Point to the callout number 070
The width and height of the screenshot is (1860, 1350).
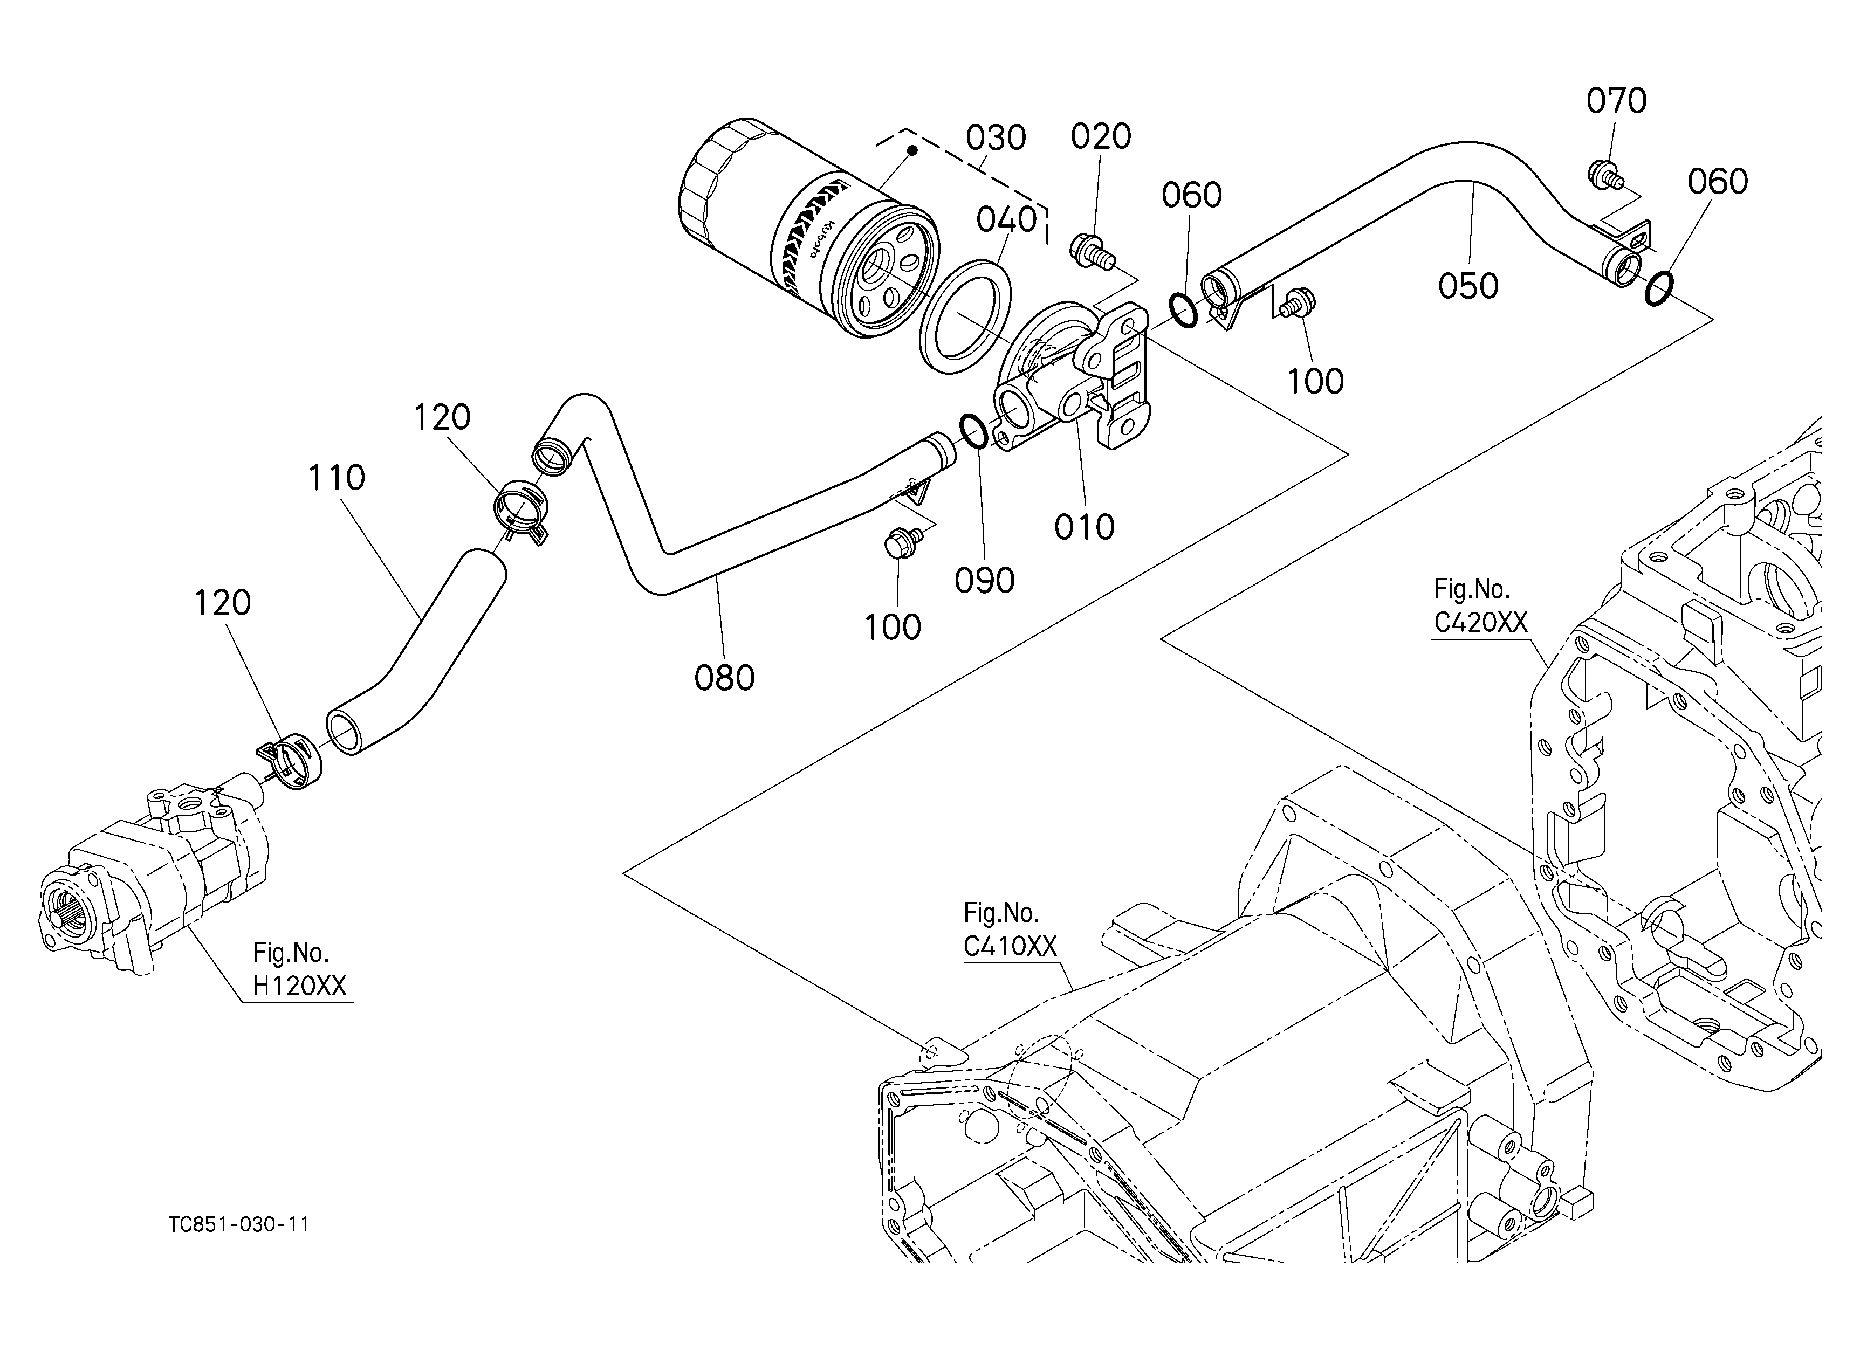pyautogui.click(x=1616, y=101)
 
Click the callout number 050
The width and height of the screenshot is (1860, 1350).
pyautogui.click(x=1468, y=286)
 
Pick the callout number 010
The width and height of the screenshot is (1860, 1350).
pyautogui.click(x=1084, y=527)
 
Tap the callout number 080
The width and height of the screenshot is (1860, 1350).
pyautogui.click(x=724, y=678)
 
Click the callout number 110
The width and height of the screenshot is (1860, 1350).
pyautogui.click(x=336, y=478)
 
